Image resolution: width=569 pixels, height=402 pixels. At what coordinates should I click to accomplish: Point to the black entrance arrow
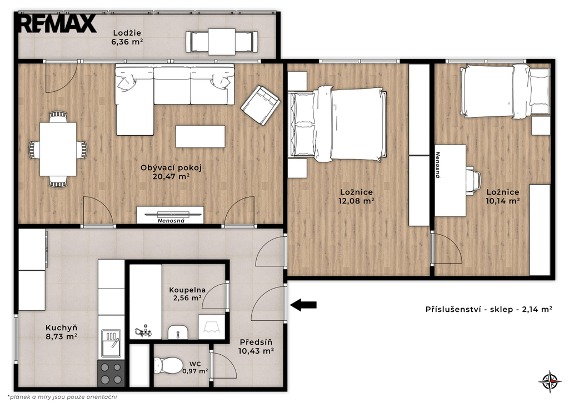pyautogui.click(x=303, y=305)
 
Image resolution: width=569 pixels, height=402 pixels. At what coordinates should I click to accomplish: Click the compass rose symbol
pyautogui.click(x=550, y=381)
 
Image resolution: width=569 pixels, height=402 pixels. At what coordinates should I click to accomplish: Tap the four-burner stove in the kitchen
pyautogui.click(x=111, y=373)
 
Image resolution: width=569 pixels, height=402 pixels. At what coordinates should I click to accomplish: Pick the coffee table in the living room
pyautogui.click(x=200, y=136)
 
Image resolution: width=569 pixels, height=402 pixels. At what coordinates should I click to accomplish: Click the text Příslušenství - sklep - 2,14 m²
pyautogui.click(x=489, y=309)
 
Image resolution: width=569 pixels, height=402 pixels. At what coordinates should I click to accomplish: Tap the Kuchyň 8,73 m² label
pyautogui.click(x=61, y=332)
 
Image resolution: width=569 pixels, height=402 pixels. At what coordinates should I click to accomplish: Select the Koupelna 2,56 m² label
pyautogui.click(x=187, y=294)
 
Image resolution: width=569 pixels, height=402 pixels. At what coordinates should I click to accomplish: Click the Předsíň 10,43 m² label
pyautogui.click(x=256, y=346)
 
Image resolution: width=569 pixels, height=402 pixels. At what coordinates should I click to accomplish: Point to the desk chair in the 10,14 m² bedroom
pyautogui.click(x=473, y=181)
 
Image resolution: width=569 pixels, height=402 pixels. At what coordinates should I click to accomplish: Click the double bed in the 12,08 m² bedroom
pyautogui.click(x=337, y=124)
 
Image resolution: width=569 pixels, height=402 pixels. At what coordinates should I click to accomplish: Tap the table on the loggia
pyautogui.click(x=222, y=42)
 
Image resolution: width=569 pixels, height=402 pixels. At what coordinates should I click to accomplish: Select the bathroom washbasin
pyautogui.click(x=178, y=332)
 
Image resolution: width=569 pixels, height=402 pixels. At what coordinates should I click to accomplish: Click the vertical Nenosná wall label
pyautogui.click(x=438, y=165)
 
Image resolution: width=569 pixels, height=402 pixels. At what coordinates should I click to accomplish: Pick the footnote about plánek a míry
pyautogui.click(x=62, y=397)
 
